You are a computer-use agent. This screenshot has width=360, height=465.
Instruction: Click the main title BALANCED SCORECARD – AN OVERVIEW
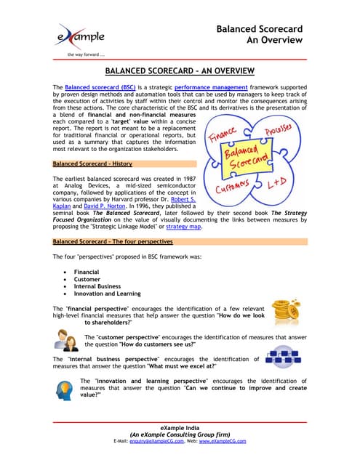(x=180, y=71)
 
